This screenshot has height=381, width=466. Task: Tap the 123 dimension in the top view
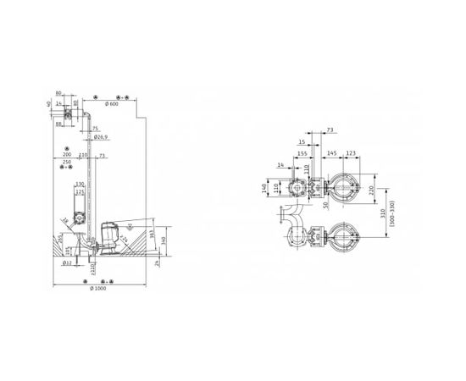click(x=352, y=153)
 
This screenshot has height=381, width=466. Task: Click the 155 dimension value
click(x=302, y=153)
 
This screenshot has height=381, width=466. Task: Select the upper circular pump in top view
click(x=346, y=186)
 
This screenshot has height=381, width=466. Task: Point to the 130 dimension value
click(x=80, y=185)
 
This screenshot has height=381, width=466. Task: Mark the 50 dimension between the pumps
click(x=326, y=206)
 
